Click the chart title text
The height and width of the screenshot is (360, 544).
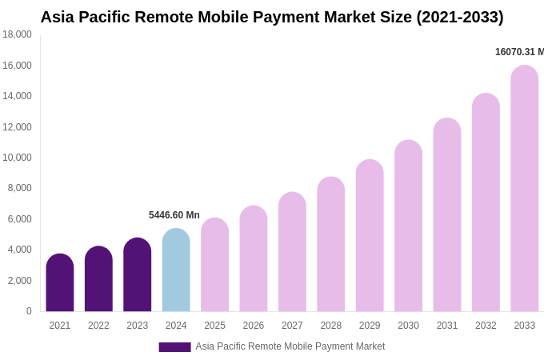click(x=272, y=17)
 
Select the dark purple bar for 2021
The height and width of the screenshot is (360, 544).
click(x=60, y=283)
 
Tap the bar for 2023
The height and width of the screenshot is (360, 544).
click(x=138, y=275)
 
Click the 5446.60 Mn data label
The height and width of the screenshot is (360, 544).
click(x=174, y=215)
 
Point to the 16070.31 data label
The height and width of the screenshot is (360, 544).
click(x=519, y=52)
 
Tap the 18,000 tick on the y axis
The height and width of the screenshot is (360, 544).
click(x=17, y=34)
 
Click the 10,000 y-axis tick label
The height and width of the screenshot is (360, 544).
click(x=17, y=158)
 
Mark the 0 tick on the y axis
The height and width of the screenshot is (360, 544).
click(x=29, y=311)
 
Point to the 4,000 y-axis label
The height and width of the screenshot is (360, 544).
click(x=19, y=250)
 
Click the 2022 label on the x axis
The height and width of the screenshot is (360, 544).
click(x=98, y=326)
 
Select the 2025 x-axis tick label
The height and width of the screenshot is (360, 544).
click(x=214, y=326)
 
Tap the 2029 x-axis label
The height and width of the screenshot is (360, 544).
click(x=370, y=326)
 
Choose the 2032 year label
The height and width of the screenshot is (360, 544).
click(x=486, y=326)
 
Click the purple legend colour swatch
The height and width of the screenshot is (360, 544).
click(x=174, y=347)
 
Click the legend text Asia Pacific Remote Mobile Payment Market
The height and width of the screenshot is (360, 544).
click(x=290, y=346)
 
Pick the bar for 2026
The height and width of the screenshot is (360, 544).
click(x=254, y=259)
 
